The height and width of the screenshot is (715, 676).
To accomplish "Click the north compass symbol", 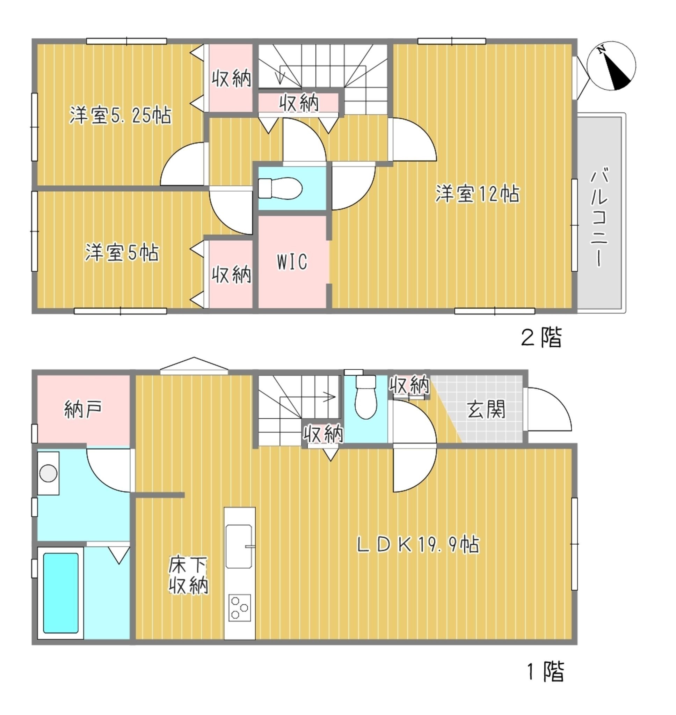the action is [611, 66].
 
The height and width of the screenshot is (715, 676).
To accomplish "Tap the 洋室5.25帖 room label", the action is [121, 116].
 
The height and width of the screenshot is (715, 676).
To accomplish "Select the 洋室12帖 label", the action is [478, 194].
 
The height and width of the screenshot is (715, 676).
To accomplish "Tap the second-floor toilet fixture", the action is [280, 188].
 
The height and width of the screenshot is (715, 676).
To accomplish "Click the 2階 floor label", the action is [541, 337].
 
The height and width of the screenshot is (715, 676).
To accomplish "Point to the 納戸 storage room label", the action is [83, 409].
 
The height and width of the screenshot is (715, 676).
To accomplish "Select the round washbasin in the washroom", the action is [48, 473].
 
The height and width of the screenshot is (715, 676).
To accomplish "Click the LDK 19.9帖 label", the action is [418, 545].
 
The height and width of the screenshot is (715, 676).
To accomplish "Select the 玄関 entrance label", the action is [486, 409].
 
